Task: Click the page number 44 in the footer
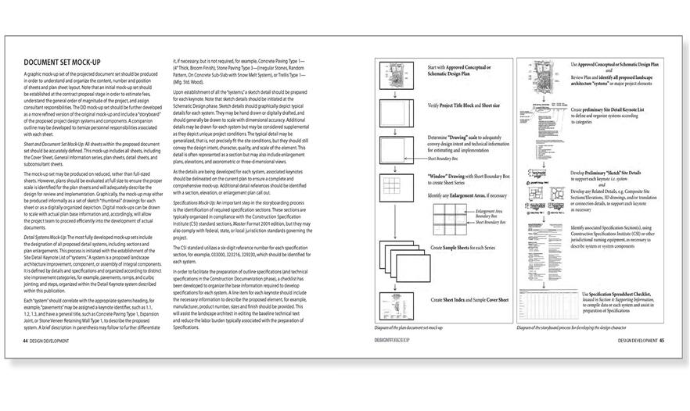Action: point(27,340)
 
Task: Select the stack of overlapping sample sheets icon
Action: point(398,258)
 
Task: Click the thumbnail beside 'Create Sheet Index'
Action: point(398,299)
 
